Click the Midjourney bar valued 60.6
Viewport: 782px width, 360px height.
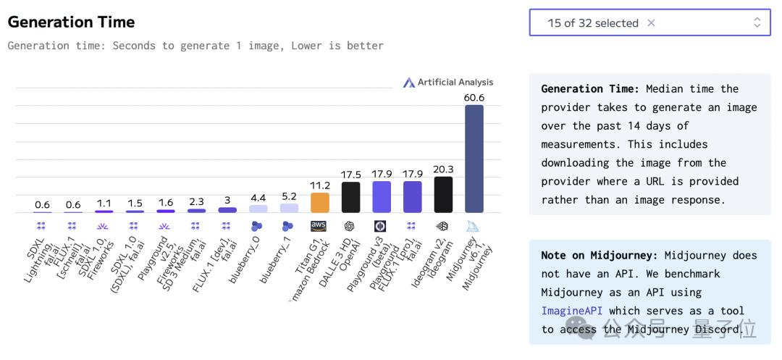pos(474,159)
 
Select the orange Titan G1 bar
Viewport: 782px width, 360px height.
pos(319,203)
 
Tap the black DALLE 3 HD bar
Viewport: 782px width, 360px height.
pos(350,197)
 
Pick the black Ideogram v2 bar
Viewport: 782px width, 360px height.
pos(443,195)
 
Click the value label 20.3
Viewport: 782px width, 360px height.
pos(443,169)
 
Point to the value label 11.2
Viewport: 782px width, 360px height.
pos(319,185)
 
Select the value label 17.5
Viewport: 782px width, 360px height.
pos(350,175)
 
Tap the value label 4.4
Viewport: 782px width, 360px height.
pos(258,198)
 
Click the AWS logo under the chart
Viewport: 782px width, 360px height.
pos(319,226)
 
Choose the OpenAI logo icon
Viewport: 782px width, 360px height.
pos(350,226)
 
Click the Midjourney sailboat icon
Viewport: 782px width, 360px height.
pos(473,226)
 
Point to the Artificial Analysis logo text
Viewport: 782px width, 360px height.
pos(455,83)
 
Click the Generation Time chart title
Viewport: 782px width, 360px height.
pos(71,22)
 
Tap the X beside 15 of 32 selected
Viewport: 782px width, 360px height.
pos(651,22)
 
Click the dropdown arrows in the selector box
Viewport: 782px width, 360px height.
pos(757,22)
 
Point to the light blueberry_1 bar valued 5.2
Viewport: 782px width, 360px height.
pos(289,208)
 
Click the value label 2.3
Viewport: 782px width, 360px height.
pos(196,202)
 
